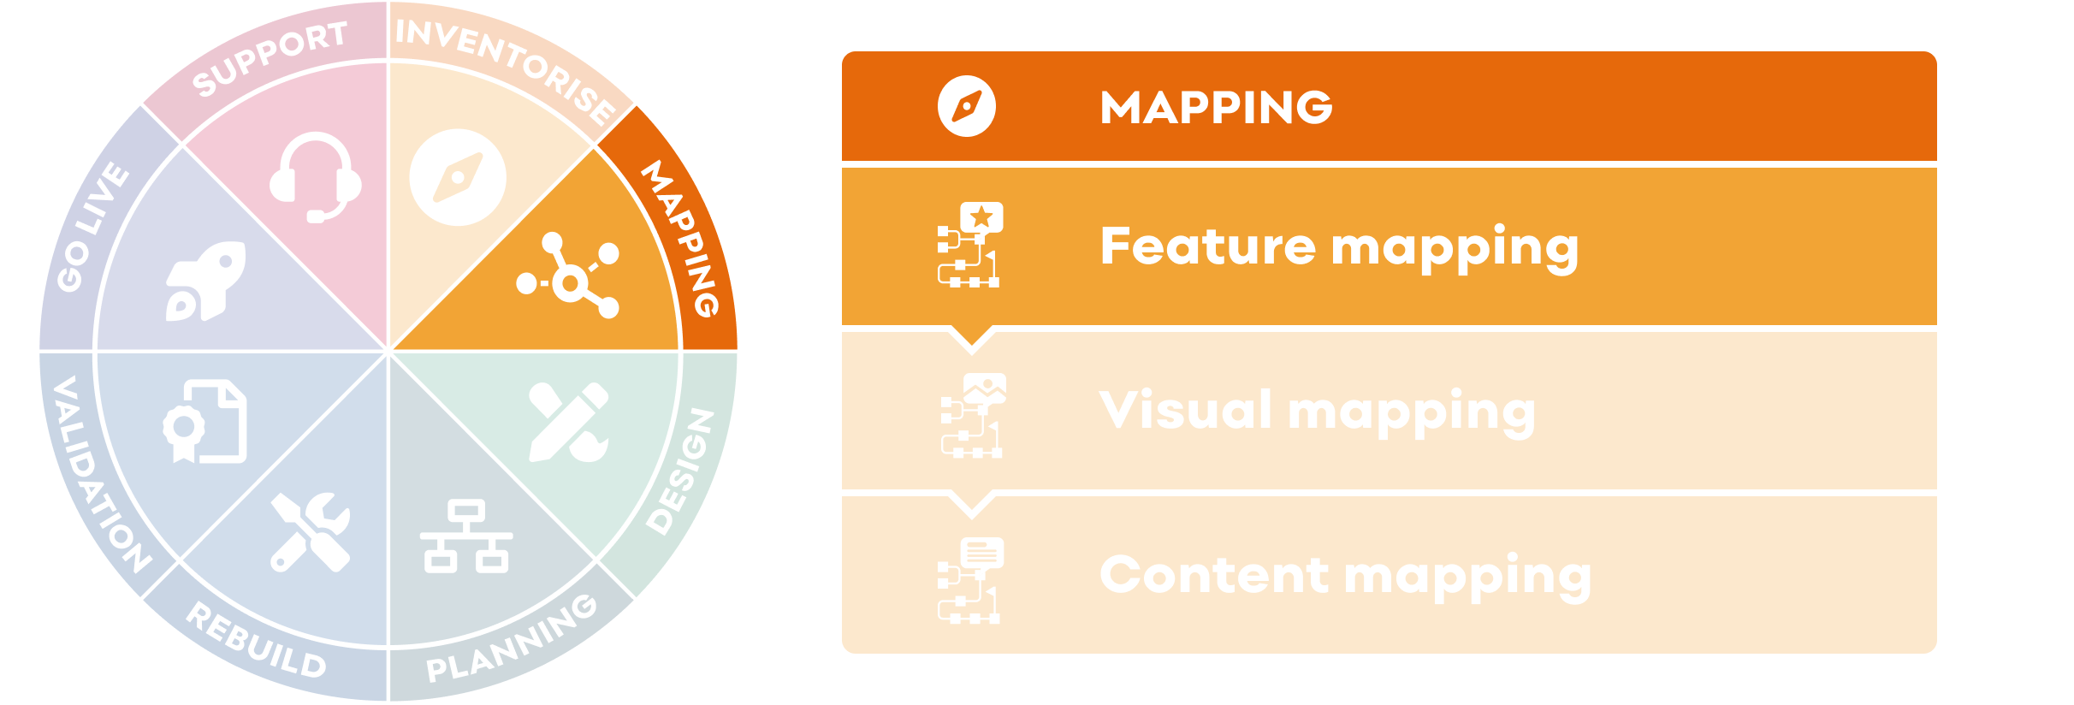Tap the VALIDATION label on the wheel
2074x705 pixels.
pos(99,474)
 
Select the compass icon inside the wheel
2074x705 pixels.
pos(458,178)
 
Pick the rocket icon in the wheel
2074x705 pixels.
pos(206,281)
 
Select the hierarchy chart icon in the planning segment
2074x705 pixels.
pos(466,536)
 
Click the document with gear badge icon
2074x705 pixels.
pos(206,422)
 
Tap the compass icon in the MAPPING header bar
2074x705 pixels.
pos(967,107)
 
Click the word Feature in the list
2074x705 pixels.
pos(1207,246)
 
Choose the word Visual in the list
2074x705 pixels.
pos(1185,411)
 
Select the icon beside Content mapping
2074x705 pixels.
pos(970,579)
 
